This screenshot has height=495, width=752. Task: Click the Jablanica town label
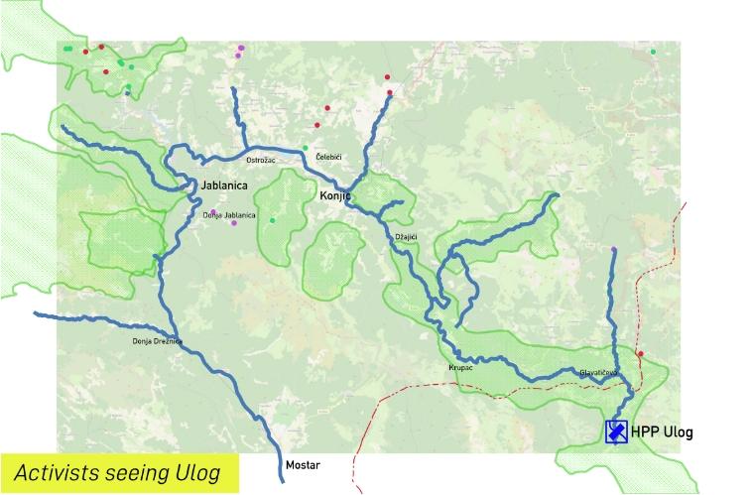coord(223,185)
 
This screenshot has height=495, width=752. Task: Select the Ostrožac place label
coord(260,160)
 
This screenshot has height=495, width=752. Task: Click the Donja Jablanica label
coord(229,215)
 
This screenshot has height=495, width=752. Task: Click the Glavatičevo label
coord(599,373)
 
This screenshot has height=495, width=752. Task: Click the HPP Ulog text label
coord(662,433)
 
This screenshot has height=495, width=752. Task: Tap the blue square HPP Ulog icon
coord(617,433)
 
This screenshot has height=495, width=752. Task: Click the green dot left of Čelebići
coord(306,148)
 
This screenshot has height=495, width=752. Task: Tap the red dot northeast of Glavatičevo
coord(641,354)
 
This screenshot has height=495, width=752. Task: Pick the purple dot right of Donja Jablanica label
coord(234,223)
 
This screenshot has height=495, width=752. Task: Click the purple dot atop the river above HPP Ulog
coord(614,249)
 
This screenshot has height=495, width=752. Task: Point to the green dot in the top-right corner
coord(653,52)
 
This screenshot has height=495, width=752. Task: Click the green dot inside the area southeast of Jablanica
coord(272,220)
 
